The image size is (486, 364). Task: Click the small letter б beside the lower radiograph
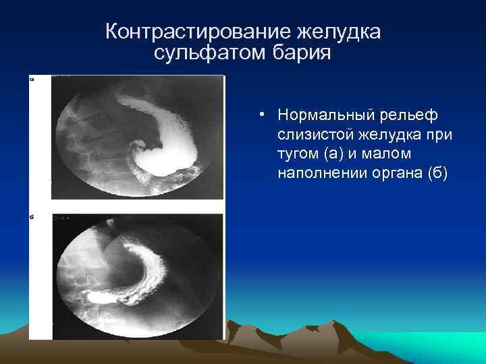click(x=32, y=218)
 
